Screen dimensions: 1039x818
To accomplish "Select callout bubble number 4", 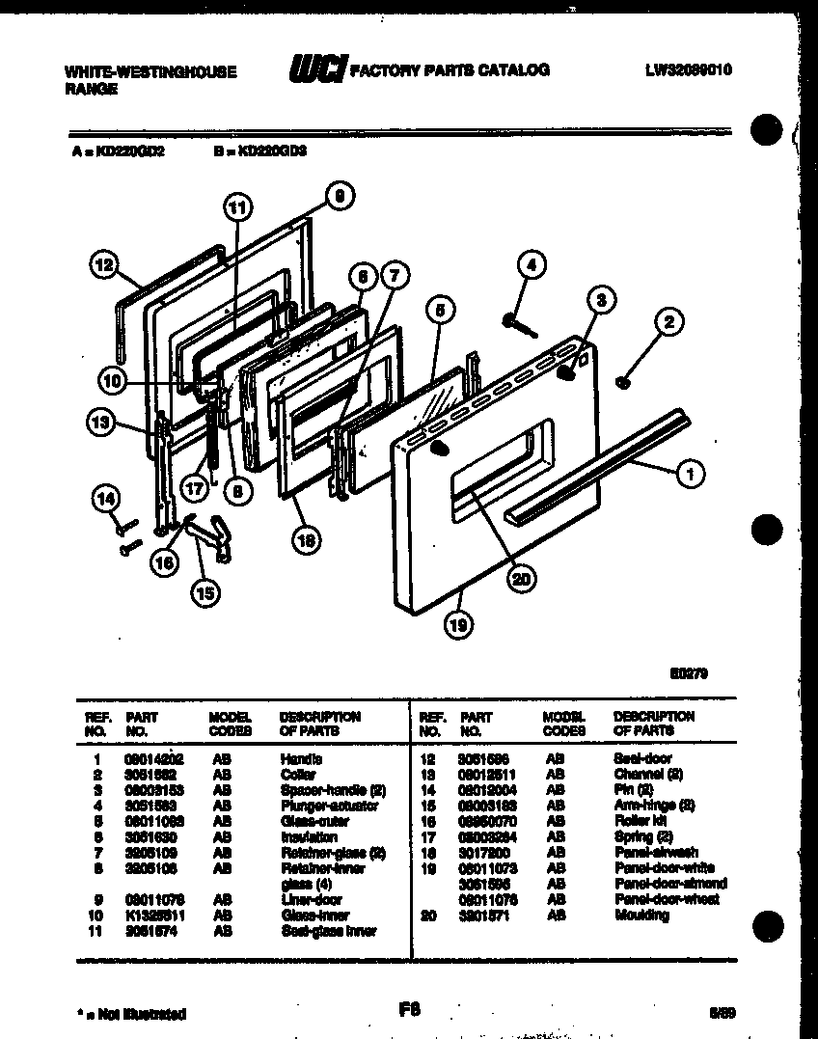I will click(530, 263).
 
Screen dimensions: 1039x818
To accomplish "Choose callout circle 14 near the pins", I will click(106, 499).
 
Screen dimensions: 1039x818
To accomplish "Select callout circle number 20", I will click(521, 579).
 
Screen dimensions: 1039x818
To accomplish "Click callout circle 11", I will click(236, 205).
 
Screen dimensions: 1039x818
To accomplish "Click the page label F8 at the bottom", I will click(410, 1009).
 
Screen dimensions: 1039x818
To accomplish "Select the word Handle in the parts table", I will click(296, 759).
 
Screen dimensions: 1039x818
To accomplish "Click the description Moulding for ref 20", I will click(641, 915).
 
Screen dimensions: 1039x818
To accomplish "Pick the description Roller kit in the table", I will click(639, 821).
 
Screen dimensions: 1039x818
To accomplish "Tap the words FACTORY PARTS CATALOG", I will click(450, 70).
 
